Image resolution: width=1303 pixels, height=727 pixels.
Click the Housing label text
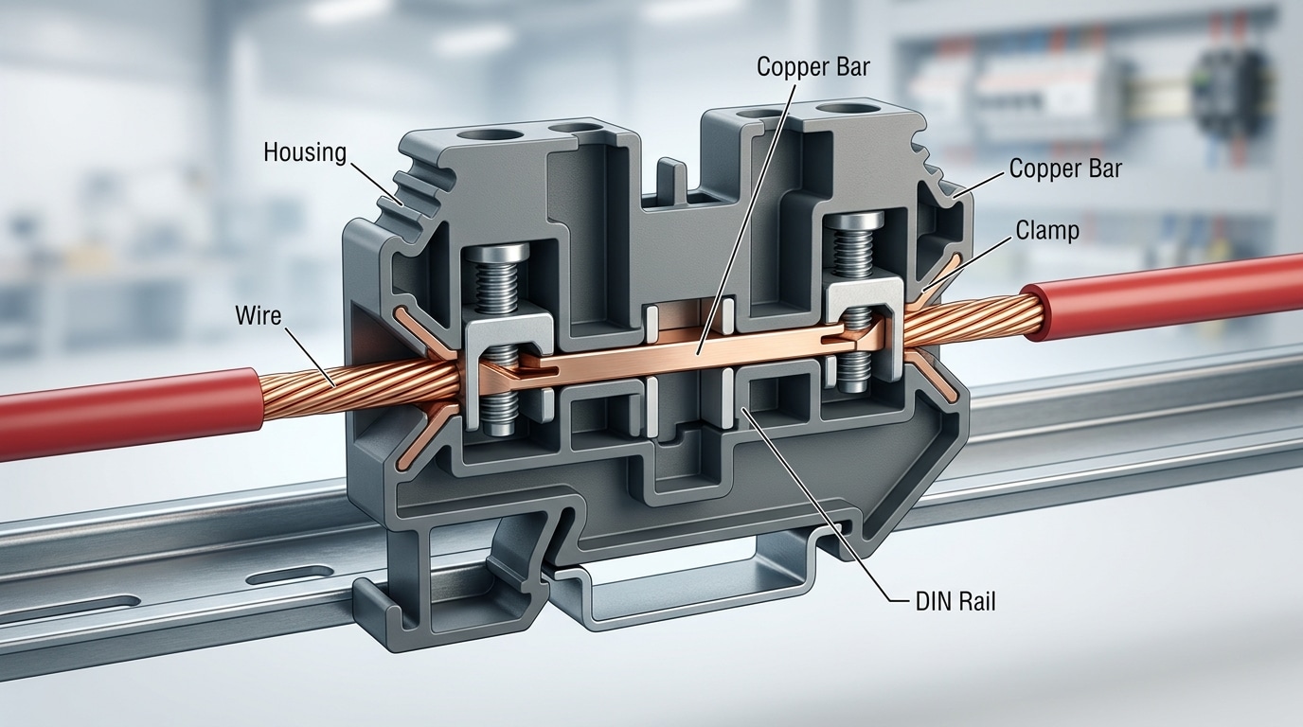305,151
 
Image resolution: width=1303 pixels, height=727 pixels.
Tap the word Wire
259,315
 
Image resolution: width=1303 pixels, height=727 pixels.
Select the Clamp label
1047,230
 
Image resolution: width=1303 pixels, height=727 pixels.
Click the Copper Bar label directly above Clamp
1065,168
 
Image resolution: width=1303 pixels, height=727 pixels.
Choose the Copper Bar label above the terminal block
813,66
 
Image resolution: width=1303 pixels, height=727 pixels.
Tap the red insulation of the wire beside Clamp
1165,295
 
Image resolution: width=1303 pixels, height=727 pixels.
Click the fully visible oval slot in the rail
292,574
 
